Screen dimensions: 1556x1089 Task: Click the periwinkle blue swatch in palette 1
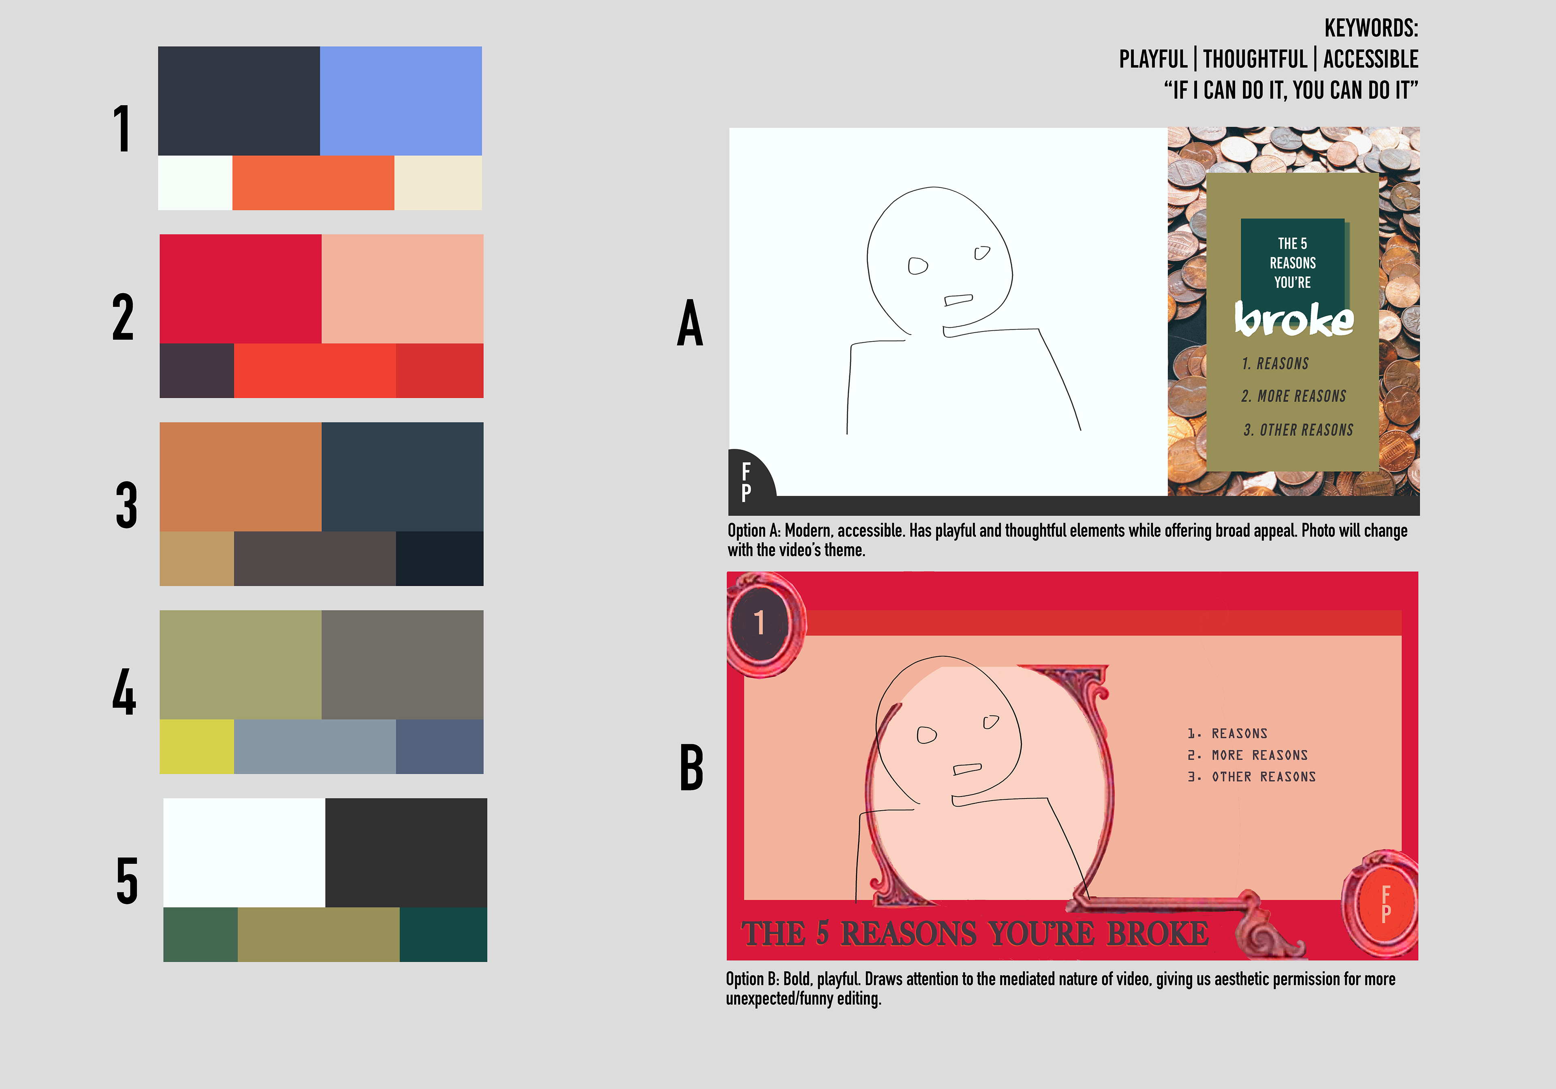click(x=400, y=101)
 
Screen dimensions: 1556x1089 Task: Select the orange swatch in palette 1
click(x=313, y=183)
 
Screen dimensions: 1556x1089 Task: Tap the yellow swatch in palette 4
click(x=197, y=746)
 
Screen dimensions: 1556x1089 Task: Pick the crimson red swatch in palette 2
click(x=241, y=289)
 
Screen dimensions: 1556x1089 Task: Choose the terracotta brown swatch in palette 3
click(x=241, y=476)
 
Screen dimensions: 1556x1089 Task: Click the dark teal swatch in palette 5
click(x=443, y=935)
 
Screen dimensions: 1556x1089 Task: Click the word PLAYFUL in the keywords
click(x=1153, y=59)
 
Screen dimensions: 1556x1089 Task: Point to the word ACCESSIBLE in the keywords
click(x=1370, y=59)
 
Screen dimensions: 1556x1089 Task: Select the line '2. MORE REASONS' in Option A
click(x=1294, y=396)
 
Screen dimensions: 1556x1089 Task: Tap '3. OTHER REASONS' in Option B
click(x=1252, y=777)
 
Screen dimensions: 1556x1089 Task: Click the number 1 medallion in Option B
click(x=761, y=622)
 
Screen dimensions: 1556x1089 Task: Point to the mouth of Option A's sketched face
click(x=958, y=299)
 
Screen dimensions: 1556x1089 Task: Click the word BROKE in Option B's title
click(x=1158, y=933)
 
